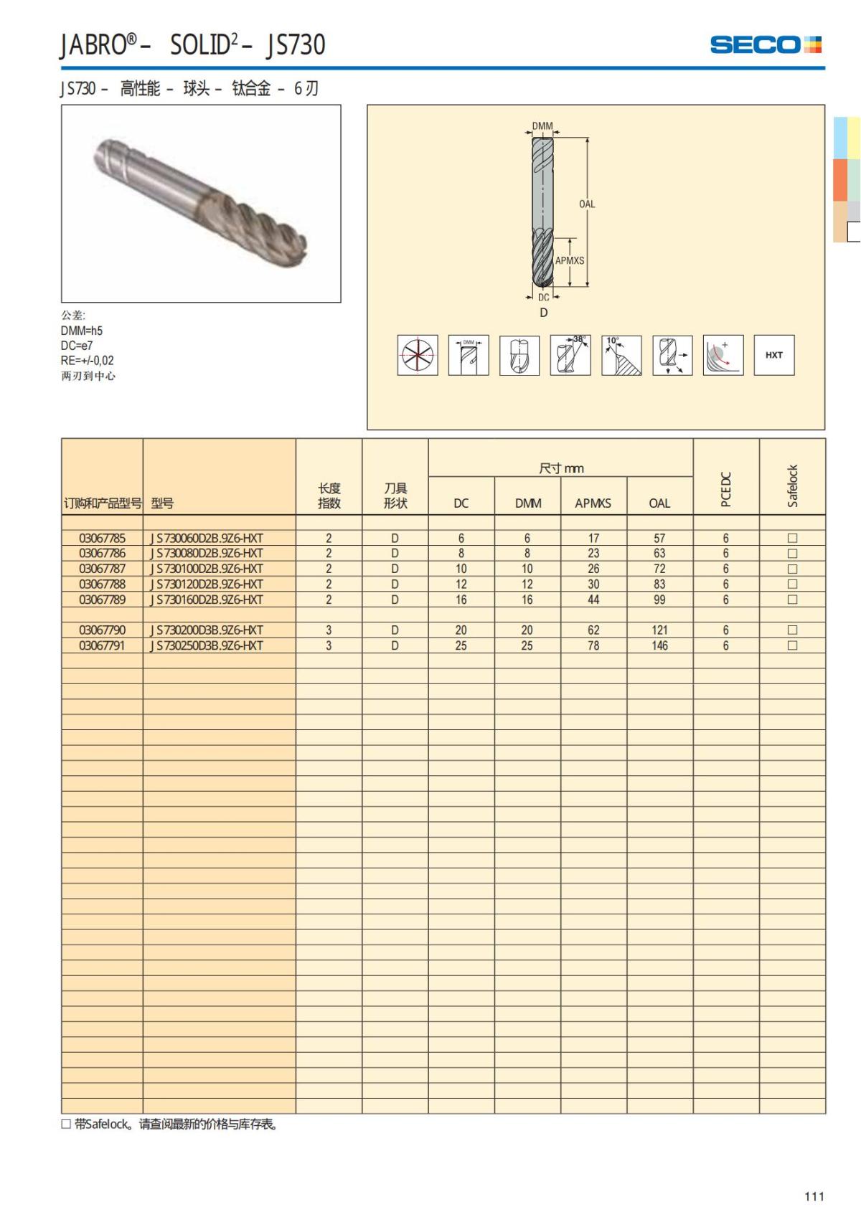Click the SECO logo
(x=765, y=44)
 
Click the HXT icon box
(x=773, y=355)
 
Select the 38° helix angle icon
(x=570, y=355)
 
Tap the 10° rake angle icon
(x=621, y=355)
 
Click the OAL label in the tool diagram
(x=587, y=204)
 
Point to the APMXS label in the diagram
(x=570, y=261)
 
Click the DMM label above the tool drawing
(x=542, y=126)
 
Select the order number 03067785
(x=102, y=538)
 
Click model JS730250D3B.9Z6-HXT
(x=207, y=645)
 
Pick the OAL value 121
(x=659, y=630)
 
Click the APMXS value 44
(x=593, y=600)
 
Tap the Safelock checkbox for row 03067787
(x=792, y=569)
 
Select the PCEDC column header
(x=725, y=489)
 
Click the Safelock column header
(x=792, y=486)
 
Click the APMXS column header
(x=593, y=503)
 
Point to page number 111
(x=814, y=1196)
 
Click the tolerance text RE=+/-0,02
(x=87, y=361)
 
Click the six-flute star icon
(x=418, y=355)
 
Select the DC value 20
(x=461, y=630)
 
